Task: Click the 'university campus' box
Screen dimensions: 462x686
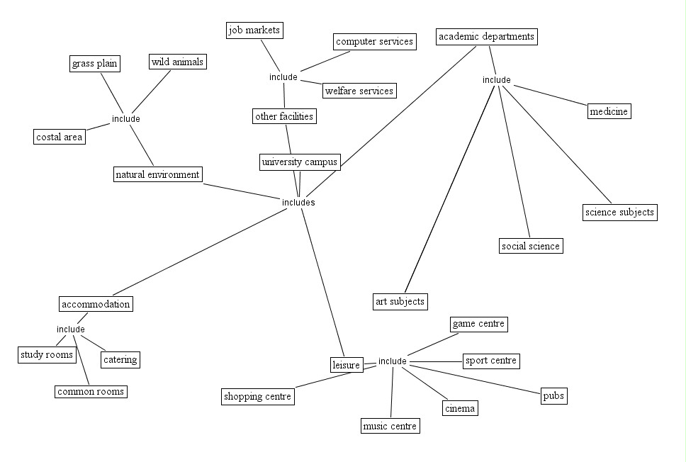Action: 300,162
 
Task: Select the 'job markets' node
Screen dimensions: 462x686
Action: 255,30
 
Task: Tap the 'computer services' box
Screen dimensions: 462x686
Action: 374,41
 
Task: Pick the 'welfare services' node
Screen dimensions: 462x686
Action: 359,91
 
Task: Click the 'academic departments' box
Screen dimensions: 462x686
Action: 486,36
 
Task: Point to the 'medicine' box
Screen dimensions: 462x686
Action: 609,111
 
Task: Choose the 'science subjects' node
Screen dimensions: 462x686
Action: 619,212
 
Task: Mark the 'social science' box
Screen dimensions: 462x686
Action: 530,246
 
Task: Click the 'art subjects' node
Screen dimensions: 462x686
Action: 400,301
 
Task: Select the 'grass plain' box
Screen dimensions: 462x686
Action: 94,64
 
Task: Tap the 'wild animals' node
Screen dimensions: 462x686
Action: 177,62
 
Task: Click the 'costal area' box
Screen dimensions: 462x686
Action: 60,137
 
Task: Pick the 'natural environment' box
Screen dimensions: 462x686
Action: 158,174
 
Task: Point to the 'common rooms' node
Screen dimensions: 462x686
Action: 91,391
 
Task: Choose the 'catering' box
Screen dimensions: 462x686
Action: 120,359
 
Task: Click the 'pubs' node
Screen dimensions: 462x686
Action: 553,395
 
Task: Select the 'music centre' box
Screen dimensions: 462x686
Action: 390,426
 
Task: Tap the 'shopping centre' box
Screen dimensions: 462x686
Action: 257,396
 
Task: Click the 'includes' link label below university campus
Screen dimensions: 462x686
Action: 298,203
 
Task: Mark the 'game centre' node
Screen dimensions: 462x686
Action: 478,324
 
